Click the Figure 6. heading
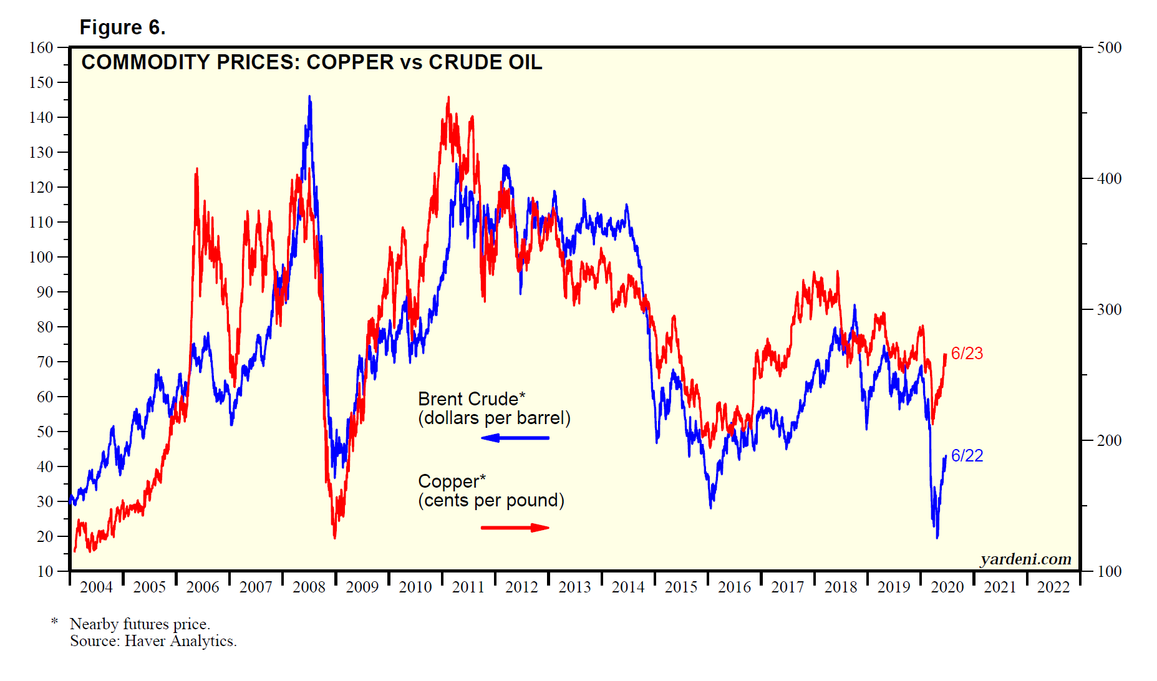click(122, 27)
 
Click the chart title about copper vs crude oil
click(312, 62)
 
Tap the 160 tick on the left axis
click(41, 48)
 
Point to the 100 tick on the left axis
click(41, 257)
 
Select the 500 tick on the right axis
click(1109, 48)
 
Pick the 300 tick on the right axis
click(1109, 310)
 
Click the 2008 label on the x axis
click(309, 587)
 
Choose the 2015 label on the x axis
click(681, 587)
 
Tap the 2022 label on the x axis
click(1053, 587)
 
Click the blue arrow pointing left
click(515, 438)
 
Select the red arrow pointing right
click(515, 528)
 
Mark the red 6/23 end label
click(967, 354)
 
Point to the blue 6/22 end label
click(967, 456)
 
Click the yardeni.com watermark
click(1025, 559)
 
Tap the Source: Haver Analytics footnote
click(153, 641)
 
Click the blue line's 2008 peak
click(309, 97)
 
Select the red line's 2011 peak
click(448, 98)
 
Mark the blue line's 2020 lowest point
click(937, 537)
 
